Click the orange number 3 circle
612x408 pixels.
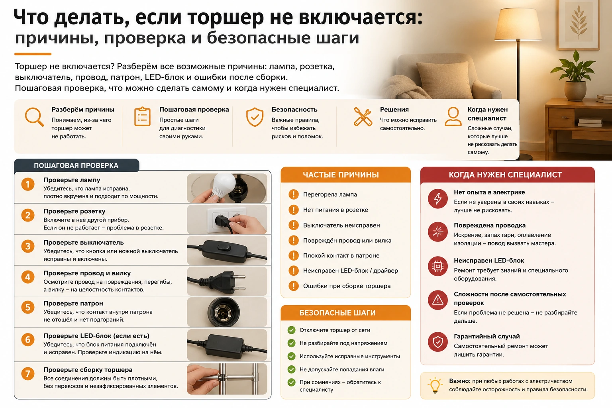28,246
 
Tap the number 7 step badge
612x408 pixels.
28,374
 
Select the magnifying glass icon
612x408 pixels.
34,117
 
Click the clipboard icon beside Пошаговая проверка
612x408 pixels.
142,117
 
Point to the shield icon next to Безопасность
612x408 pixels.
255,117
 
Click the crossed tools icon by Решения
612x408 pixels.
363,117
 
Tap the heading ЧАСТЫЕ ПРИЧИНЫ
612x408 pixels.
341,175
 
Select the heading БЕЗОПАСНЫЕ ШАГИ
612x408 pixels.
337,313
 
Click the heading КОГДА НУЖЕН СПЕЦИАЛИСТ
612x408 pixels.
505,175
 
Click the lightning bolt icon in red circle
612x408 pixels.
438,199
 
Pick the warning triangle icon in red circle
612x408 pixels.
438,300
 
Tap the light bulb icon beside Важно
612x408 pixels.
435,385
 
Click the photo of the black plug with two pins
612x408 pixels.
227,281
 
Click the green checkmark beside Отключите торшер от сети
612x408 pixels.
292,330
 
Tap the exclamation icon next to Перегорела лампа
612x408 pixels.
293,194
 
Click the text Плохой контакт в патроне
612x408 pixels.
341,255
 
